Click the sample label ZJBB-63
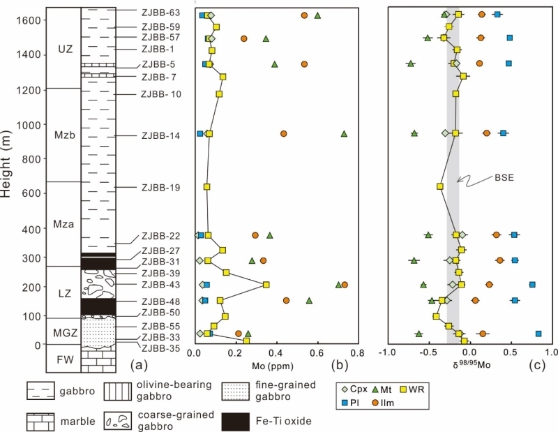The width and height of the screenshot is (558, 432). coord(160,13)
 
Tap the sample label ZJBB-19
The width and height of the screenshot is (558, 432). coord(160,187)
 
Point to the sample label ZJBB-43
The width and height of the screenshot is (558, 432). coord(160,285)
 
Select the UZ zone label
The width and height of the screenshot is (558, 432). coord(65,50)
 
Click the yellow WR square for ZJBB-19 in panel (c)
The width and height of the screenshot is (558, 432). coord(440,186)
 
